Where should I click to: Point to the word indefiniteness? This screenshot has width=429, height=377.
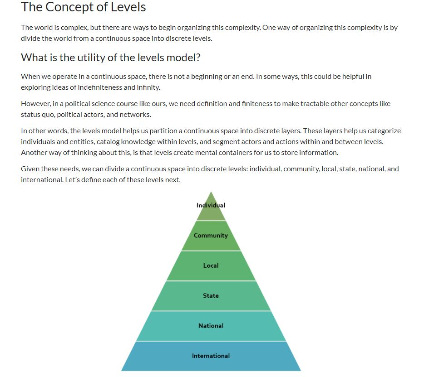[100, 87]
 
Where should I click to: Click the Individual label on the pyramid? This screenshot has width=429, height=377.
[211, 205]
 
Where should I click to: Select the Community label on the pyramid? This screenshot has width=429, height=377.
[211, 236]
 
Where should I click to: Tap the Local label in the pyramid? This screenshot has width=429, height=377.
[211, 266]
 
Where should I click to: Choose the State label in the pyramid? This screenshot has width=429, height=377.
[211, 295]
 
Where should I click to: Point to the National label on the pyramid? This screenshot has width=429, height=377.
[211, 326]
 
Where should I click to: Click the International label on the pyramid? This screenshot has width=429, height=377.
[211, 356]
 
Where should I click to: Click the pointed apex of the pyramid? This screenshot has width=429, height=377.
[211, 192]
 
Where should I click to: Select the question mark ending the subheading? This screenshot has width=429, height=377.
[198, 58]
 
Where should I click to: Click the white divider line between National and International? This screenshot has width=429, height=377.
[211, 341]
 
